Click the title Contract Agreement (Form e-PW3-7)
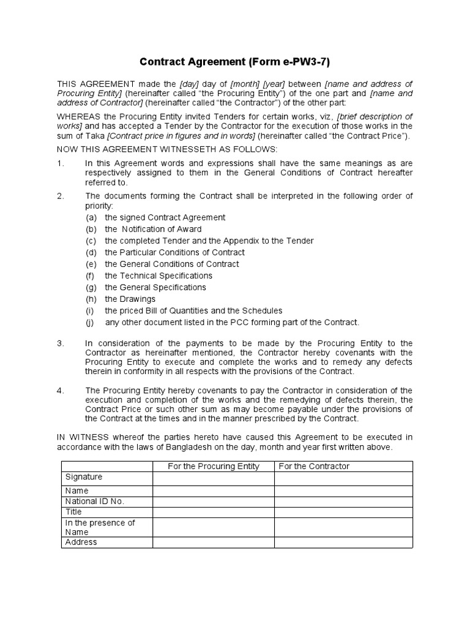coord(235,61)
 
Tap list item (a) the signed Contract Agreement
coord(165,217)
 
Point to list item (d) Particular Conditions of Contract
coord(174,252)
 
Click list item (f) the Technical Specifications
coord(159,276)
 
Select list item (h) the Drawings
coord(130,299)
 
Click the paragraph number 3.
coord(60,344)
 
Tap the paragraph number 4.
coord(60,391)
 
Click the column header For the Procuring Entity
coord(214,467)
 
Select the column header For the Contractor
coord(314,467)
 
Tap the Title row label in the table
coord(74,511)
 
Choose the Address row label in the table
coord(81,542)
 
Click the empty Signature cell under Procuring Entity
coord(213,478)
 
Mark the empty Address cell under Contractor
coord(343,543)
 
